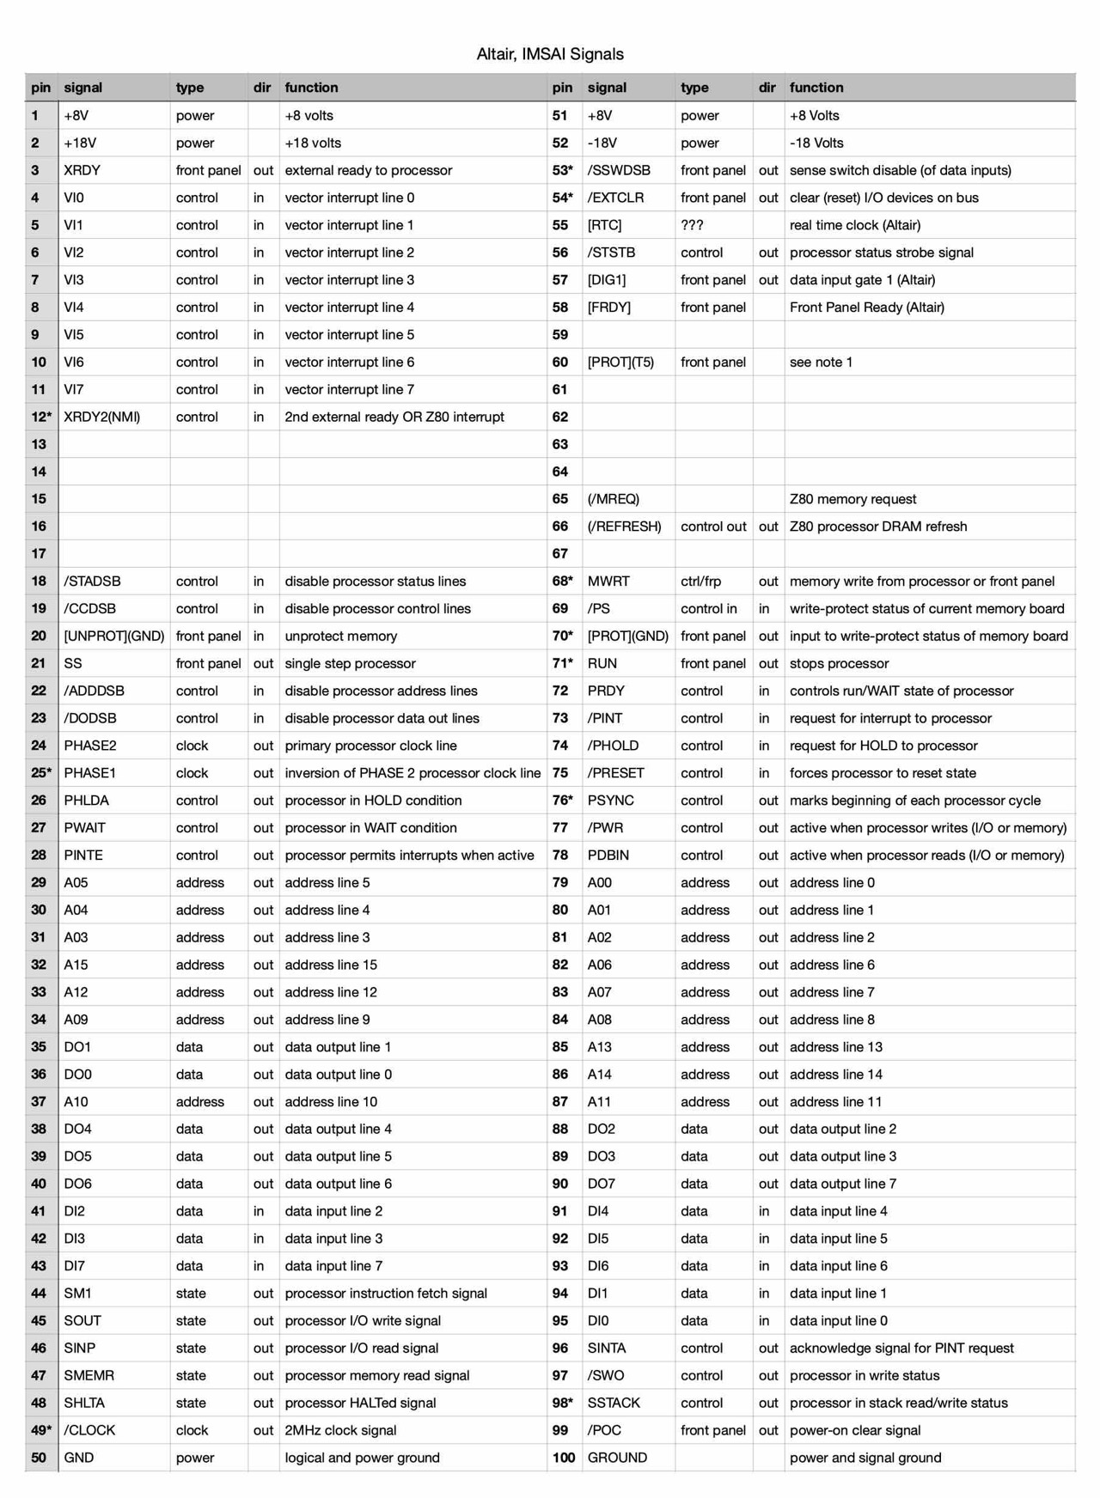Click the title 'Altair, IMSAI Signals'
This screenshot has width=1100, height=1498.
pyautogui.click(x=550, y=54)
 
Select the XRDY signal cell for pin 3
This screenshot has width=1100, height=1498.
pyautogui.click(x=82, y=170)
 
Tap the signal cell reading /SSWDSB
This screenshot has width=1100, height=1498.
pyautogui.click(x=619, y=170)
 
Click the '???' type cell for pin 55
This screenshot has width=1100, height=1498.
pyautogui.click(x=692, y=225)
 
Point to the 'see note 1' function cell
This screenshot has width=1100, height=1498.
pyautogui.click(x=821, y=362)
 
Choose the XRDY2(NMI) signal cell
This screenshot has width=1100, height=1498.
pyautogui.click(x=101, y=417)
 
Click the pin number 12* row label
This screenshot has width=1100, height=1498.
pyautogui.click(x=41, y=417)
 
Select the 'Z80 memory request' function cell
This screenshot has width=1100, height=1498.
pyautogui.click(x=852, y=499)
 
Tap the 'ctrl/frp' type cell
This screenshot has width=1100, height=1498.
pyautogui.click(x=700, y=582)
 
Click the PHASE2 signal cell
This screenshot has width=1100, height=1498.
pyautogui.click(x=90, y=746)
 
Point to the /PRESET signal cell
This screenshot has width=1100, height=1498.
pyautogui.click(x=615, y=773)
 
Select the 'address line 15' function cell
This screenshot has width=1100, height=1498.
pyautogui.click(x=331, y=965)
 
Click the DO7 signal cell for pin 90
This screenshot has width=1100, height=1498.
pyautogui.click(x=602, y=1184)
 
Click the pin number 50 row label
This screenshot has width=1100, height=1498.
pyautogui.click(x=39, y=1458)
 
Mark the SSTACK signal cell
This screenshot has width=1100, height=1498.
pyautogui.click(x=614, y=1403)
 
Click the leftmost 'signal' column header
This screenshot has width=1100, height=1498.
pyautogui.click(x=82, y=88)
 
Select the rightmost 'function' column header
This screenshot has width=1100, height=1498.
pyautogui.click(x=816, y=88)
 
